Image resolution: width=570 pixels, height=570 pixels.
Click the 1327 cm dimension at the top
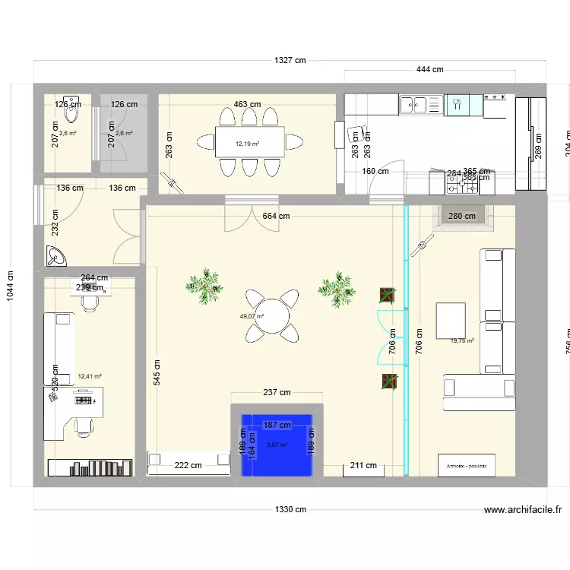point(290,61)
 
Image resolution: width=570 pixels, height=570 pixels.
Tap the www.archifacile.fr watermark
point(522,511)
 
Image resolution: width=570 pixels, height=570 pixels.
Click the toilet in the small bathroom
point(71,110)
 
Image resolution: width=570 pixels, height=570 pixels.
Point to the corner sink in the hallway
point(55,257)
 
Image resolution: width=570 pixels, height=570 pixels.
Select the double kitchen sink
point(414,104)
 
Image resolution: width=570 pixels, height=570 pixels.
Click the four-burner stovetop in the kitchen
point(497,106)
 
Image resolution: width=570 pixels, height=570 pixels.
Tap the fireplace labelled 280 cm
point(463,217)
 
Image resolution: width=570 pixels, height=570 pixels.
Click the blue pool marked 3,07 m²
point(277,449)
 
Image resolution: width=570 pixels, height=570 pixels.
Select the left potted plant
point(204,285)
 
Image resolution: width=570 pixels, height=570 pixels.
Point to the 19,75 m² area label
point(461,341)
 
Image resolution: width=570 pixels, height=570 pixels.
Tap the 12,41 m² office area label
point(90,375)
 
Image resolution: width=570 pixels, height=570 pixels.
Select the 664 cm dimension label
point(276,216)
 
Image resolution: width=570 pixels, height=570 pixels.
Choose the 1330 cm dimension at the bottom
point(290,510)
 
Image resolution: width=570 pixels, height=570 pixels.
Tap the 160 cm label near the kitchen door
point(375,171)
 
